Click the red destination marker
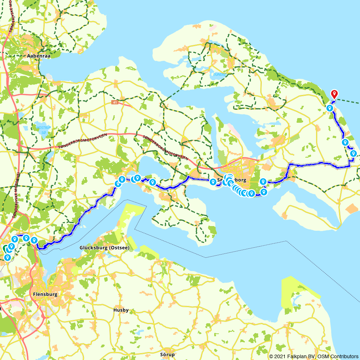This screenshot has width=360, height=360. click(334, 94)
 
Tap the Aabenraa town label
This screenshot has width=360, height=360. click(38, 56)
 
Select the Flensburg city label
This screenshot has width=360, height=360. click(45, 294)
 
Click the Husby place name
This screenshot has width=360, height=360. click(121, 310)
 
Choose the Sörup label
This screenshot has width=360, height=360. click(167, 354)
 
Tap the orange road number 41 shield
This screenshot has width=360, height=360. click(115, 103)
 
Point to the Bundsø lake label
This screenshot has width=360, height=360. click(219, 75)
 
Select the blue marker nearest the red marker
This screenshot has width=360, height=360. click(329, 108)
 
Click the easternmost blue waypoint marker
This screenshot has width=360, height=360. click(353, 153)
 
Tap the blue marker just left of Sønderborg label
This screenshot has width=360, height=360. click(213, 181)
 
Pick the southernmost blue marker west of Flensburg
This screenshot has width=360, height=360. click(7, 257)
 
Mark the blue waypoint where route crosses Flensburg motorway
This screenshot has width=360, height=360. click(34, 240)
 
